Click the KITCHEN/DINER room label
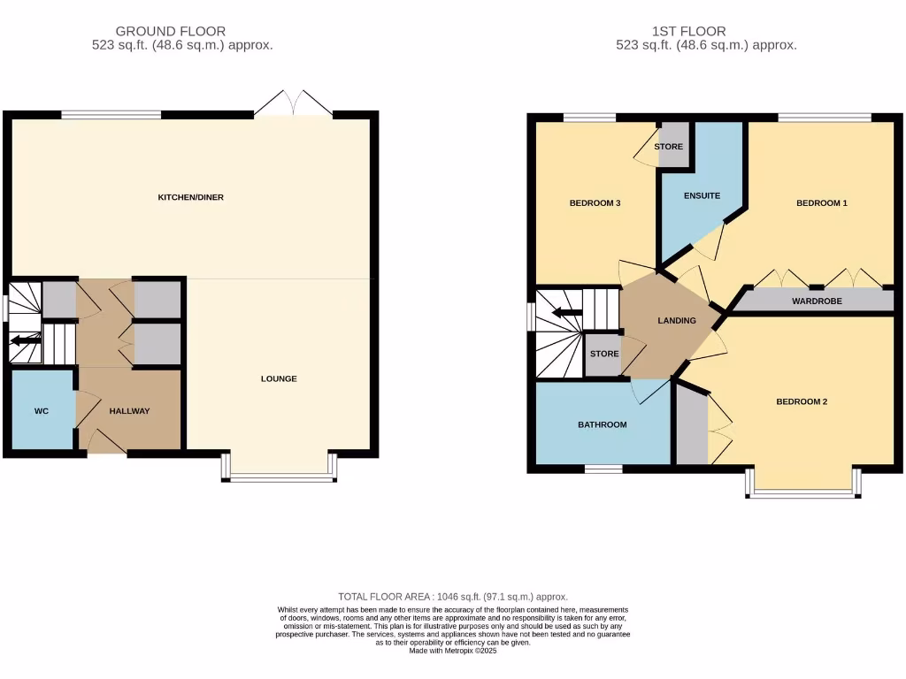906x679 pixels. pos(190,197)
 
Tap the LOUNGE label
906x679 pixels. pos(279,378)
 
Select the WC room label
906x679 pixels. pos(42,411)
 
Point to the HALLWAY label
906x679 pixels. pos(129,411)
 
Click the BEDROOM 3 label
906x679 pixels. pos(594,203)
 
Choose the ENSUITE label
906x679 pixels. pos(702,195)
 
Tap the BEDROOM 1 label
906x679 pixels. pos(821,203)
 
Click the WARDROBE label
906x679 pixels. pos(817,301)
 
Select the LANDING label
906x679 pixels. pos(677,320)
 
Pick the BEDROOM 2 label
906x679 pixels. pos(801,401)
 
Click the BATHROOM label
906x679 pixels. pos(602,424)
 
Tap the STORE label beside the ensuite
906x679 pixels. pos(669,147)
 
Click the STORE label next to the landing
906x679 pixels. pos(604,354)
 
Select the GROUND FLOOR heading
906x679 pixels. pos(171,31)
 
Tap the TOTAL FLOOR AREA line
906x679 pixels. pos(452,597)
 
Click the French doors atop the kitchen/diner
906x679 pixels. pos(293,104)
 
